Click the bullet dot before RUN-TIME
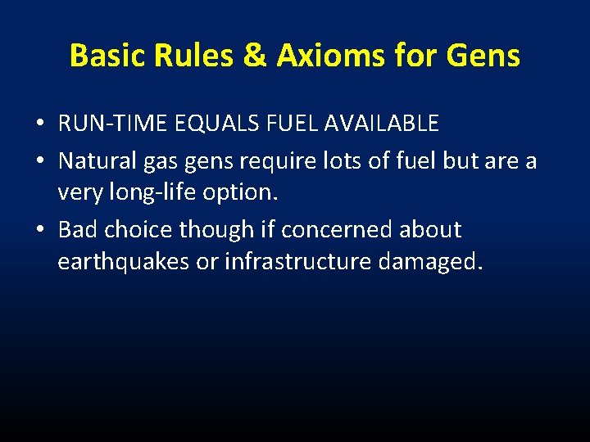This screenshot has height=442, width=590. (x=39, y=124)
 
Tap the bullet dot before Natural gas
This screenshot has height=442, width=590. (x=39, y=161)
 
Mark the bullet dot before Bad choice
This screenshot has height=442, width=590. (x=39, y=231)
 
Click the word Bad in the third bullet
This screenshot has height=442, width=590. (x=78, y=230)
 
